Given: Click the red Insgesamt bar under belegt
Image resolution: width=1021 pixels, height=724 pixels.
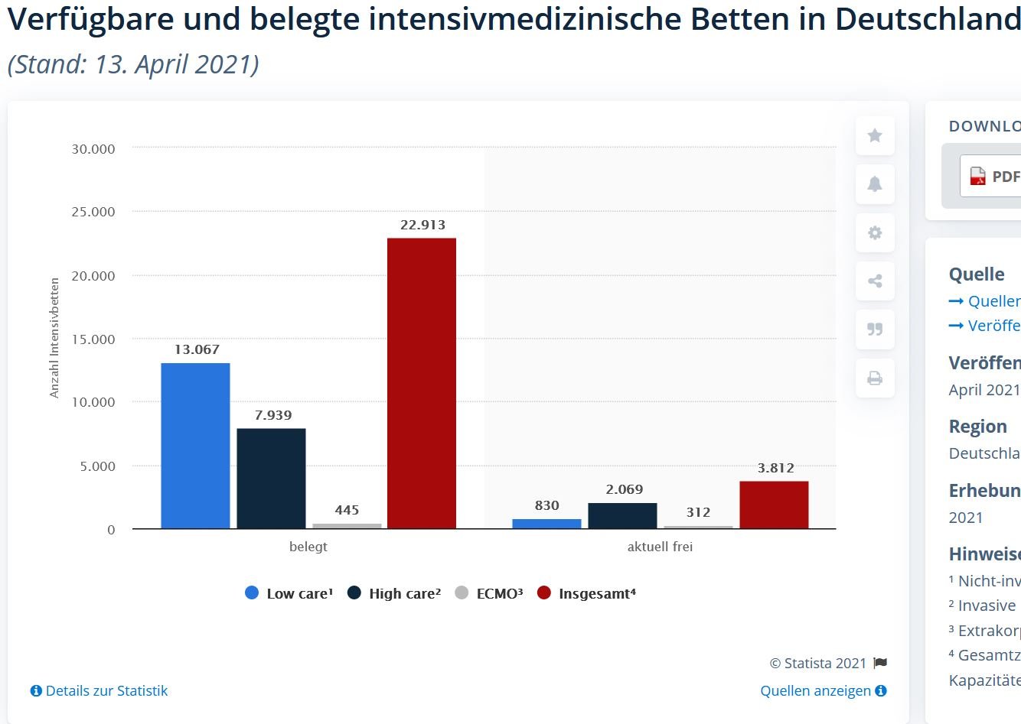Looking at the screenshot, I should pos(422,383).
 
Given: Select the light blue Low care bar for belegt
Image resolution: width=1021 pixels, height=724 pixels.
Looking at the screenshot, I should pos(195,446).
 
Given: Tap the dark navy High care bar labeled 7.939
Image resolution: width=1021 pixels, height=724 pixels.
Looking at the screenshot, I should pos(271,479).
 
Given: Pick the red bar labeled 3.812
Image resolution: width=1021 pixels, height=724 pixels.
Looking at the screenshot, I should pos(774,505).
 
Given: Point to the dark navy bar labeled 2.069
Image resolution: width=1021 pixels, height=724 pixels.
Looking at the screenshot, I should pos(622,516).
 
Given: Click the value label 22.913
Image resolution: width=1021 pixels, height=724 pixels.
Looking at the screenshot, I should pos(422,225).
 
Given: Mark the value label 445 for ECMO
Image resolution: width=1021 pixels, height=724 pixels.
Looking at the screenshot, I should pos(347,510).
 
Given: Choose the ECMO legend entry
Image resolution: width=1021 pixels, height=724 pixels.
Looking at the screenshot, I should pos(489,593).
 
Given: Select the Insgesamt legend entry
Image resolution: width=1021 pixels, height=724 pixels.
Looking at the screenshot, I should pos(587,593).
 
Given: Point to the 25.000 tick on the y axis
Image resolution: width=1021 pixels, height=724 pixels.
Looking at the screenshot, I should pos(93,212).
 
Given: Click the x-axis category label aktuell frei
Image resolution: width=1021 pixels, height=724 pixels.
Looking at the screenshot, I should pos(660,547).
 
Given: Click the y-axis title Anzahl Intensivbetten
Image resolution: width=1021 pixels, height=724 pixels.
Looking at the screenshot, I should pos(54,338).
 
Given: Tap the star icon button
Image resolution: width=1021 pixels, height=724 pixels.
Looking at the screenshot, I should pos(875,136).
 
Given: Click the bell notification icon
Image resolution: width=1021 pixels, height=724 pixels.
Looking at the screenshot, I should pos(875,184).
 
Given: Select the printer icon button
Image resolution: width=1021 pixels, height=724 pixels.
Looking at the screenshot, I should pos(875,378).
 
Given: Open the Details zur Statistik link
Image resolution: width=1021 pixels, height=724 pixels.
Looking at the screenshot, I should pos(99,691).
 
